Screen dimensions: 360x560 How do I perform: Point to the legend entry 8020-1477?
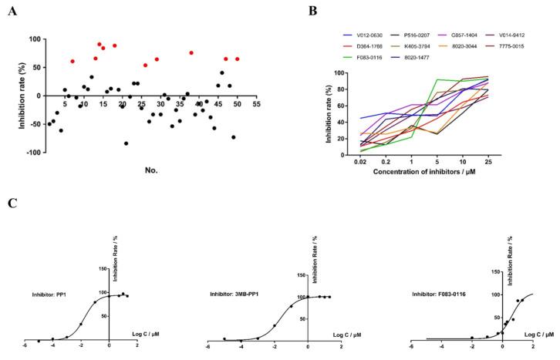(x=413, y=56)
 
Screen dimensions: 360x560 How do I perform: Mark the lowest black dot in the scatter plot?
(x=126, y=143)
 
